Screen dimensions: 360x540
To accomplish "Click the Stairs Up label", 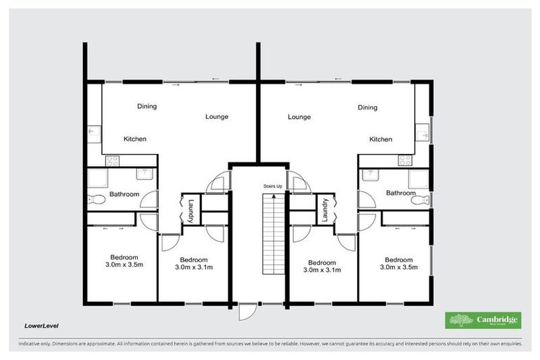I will [273, 186].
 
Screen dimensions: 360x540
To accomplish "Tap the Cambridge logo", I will [483, 320].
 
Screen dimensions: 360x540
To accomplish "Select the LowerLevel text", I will [41, 326].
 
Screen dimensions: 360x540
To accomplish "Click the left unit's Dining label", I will [147, 107].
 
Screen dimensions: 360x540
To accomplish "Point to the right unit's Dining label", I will [367, 108].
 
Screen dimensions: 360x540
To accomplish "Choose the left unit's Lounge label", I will [217, 117].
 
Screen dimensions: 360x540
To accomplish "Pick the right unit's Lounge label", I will [299, 117].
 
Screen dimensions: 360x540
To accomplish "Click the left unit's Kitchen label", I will [135, 139].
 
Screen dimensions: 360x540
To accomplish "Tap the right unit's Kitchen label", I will [381, 139].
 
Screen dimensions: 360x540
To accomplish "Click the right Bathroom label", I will [400, 193].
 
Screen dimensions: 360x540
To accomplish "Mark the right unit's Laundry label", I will [326, 210].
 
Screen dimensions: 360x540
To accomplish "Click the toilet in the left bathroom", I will [96, 200].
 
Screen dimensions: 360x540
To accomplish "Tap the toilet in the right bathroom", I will [420, 200].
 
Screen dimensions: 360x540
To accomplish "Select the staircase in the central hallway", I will [272, 236].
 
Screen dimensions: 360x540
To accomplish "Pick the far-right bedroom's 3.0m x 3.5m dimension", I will [399, 267].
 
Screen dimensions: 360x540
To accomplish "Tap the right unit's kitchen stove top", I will [405, 160].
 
